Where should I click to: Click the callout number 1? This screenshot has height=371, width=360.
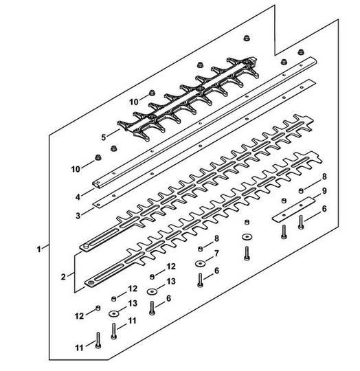38,249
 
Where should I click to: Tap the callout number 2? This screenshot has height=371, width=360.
63,277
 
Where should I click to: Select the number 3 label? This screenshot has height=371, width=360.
78,216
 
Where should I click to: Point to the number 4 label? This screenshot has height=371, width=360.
78,196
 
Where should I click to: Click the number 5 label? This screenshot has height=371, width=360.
103,137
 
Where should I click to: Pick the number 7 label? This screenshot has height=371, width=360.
216,254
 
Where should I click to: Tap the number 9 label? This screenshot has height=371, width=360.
324,190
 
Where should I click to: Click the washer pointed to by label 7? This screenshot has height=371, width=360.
200,263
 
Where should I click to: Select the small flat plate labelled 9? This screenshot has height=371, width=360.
294,210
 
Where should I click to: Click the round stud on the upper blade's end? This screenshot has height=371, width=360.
86,246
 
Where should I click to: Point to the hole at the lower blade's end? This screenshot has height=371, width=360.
90,282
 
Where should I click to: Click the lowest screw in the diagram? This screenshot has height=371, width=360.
98,340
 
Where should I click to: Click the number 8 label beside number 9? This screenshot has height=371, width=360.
324,177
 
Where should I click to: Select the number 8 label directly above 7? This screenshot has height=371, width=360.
216,238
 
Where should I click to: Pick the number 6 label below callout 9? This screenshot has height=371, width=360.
324,209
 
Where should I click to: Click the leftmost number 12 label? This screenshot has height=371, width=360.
80,316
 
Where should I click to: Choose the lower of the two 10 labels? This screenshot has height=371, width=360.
76,169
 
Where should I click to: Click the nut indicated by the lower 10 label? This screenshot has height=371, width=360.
98,157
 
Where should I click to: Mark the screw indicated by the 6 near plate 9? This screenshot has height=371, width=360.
301,222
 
